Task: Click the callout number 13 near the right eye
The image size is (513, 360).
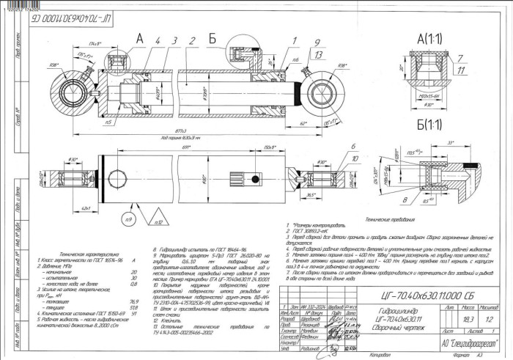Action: coord(317,54)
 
